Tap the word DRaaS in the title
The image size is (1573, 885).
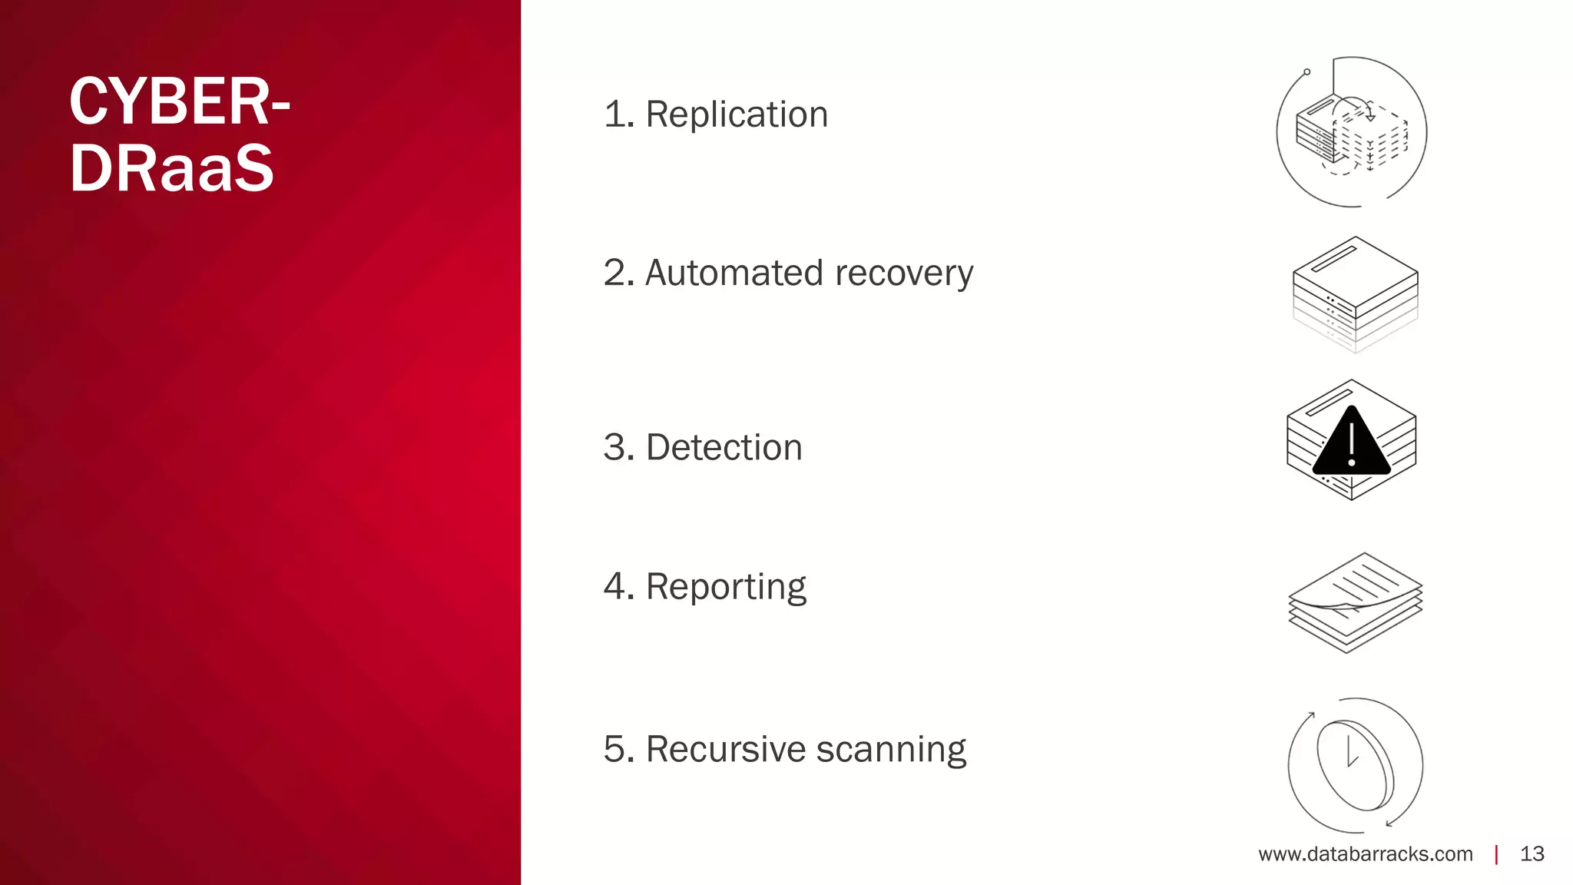click(x=171, y=168)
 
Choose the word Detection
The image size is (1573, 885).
click(x=724, y=447)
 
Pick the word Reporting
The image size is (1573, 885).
click(x=725, y=587)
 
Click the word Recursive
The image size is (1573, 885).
click(x=725, y=749)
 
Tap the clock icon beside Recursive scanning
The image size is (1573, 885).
click(x=1355, y=765)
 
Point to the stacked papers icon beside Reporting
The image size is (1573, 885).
click(x=1355, y=602)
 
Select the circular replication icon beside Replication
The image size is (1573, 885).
click(x=1351, y=132)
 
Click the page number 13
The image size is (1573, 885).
click(x=1532, y=854)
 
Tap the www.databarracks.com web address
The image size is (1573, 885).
click(x=1365, y=854)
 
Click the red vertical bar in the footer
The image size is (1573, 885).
click(x=1496, y=854)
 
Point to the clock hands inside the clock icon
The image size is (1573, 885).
click(x=1351, y=753)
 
